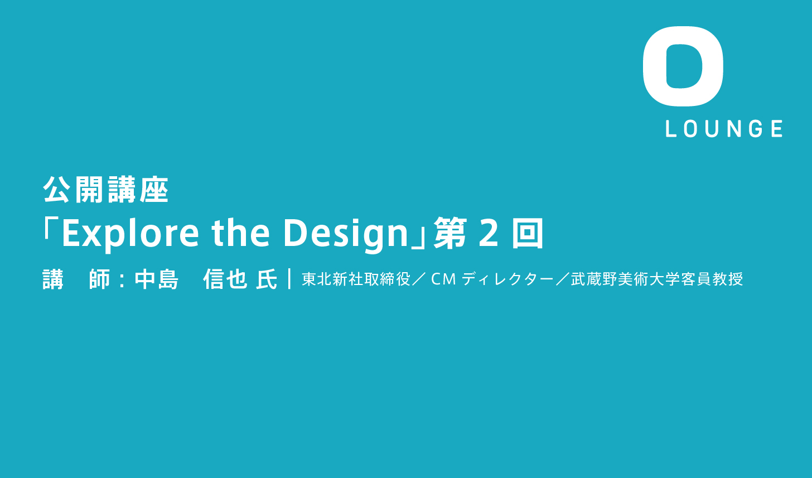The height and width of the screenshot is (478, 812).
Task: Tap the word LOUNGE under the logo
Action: click(724, 129)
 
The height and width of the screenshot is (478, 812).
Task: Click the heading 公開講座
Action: click(106, 190)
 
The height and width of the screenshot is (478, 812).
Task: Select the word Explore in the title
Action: click(130, 234)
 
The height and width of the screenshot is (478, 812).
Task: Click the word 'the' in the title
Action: click(241, 233)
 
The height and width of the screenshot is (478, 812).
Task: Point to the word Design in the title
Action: click(346, 234)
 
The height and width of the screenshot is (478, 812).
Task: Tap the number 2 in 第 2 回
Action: click(489, 233)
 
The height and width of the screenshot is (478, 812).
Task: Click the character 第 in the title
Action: click(450, 233)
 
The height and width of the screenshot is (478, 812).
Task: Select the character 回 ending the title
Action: click(528, 233)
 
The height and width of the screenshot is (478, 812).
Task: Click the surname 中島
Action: click(157, 279)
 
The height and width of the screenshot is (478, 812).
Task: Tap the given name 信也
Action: click(225, 279)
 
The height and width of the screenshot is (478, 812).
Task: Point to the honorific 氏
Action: click(267, 279)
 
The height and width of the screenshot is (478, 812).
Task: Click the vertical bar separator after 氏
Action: click(289, 278)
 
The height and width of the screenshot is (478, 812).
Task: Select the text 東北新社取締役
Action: click(356, 279)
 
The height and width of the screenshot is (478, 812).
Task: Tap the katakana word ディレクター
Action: click(508, 279)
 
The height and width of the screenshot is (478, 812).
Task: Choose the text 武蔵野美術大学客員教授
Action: click(657, 279)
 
